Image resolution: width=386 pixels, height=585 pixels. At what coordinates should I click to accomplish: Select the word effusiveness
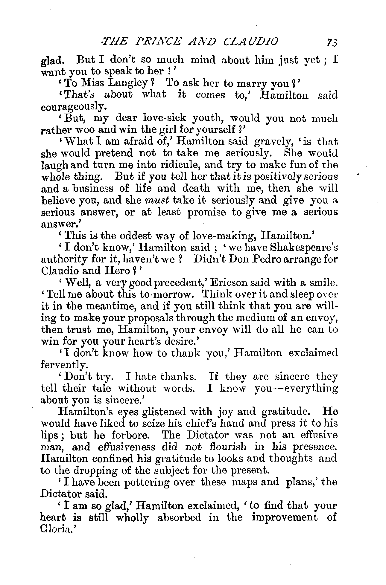point(126,447)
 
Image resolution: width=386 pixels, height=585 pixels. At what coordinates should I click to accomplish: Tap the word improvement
point(284,517)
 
